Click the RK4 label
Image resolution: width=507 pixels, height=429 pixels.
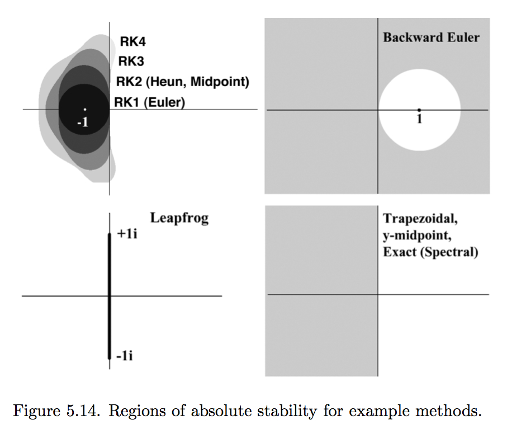[x=132, y=41]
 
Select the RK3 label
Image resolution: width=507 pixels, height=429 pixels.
[x=131, y=61]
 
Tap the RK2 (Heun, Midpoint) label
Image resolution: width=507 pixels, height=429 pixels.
[x=183, y=82]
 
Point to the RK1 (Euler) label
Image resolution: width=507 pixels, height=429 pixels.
[x=150, y=102]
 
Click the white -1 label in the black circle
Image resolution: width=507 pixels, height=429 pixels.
[x=83, y=122]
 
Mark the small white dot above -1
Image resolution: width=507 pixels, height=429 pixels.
[x=85, y=110]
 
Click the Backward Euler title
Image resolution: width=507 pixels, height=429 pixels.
[x=432, y=37]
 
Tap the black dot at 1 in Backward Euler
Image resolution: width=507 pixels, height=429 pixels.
[x=419, y=110]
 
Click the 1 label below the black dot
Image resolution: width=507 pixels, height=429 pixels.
[x=419, y=119]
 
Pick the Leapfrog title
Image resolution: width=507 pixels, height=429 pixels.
[x=179, y=218]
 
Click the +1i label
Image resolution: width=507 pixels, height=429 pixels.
[x=127, y=233]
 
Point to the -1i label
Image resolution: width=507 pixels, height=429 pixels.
[x=125, y=356]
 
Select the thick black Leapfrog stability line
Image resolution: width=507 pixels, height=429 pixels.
[x=110, y=296]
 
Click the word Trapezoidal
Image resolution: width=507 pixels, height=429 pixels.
[x=420, y=219]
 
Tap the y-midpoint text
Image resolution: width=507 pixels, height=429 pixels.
[x=417, y=235]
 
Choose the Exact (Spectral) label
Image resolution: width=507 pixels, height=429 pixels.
[x=430, y=252]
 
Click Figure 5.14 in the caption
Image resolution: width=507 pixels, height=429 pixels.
[x=55, y=411]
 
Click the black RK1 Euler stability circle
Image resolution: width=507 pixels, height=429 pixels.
[x=84, y=110]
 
